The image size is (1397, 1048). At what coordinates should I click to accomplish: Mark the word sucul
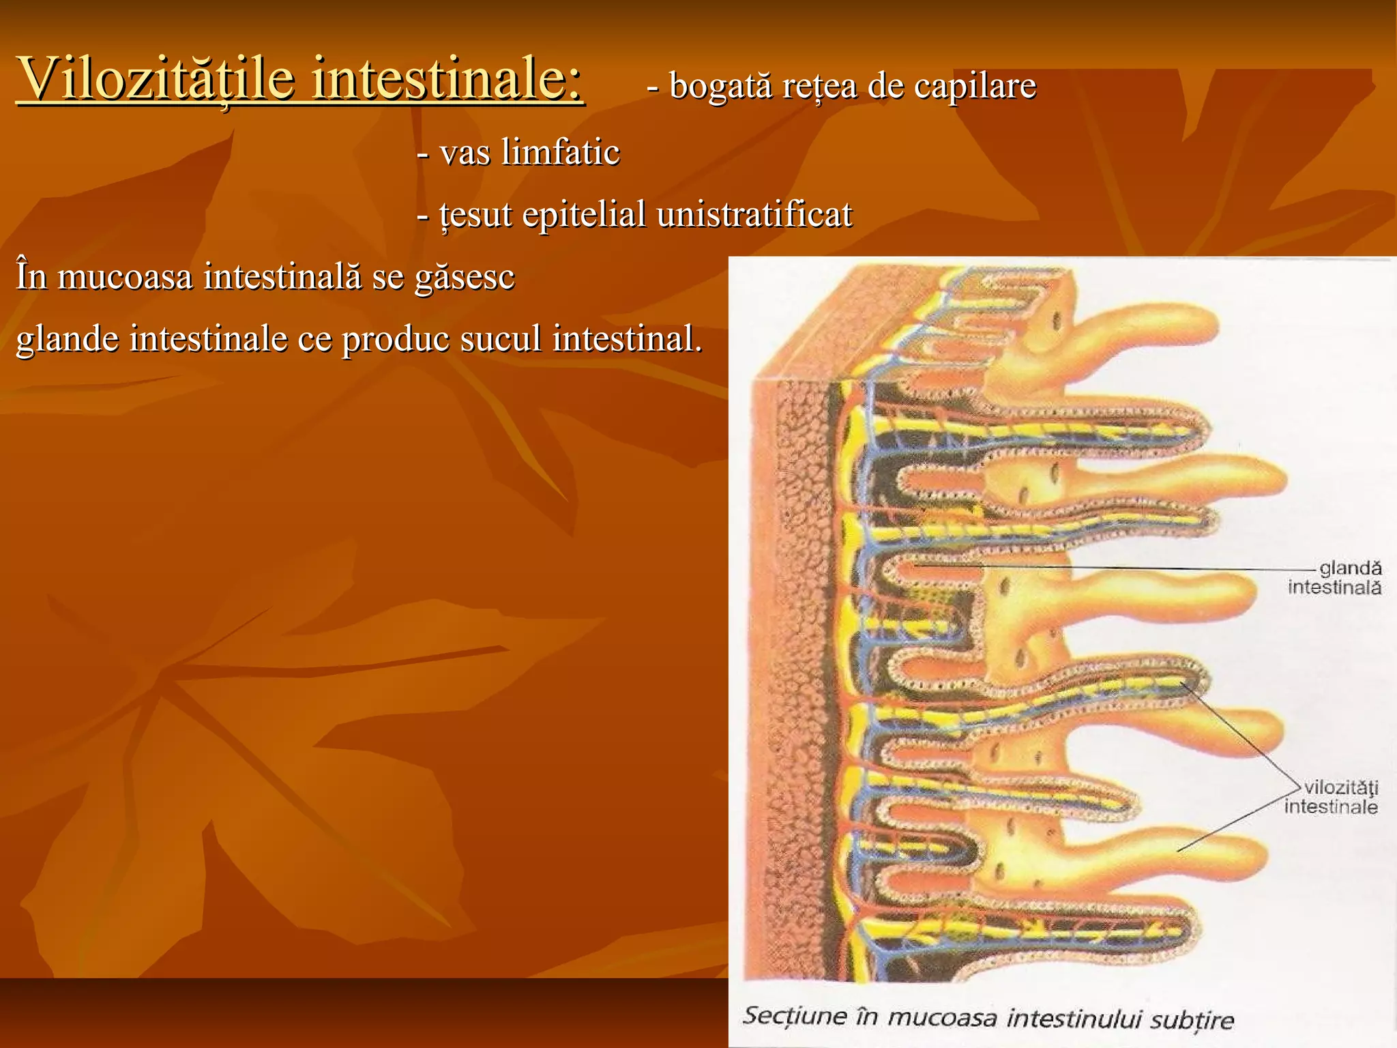[x=501, y=339]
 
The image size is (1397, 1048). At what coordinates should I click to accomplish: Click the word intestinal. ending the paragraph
[x=627, y=339]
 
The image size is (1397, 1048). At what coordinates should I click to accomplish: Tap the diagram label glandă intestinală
[x=1336, y=578]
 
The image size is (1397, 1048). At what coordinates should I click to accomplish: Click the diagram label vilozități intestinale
[x=1332, y=797]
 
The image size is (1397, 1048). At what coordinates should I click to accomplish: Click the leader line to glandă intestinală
[x=1119, y=568]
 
